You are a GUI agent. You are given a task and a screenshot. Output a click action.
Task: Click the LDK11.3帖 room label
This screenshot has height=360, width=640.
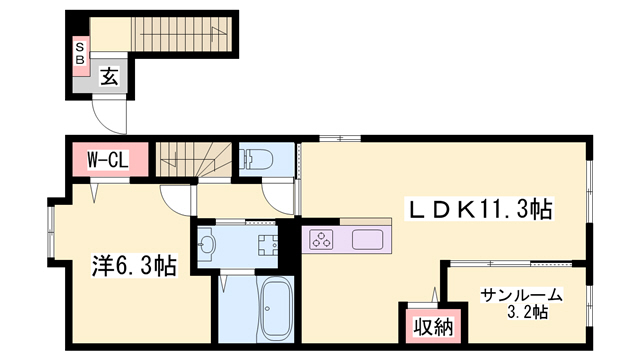tap(478, 209)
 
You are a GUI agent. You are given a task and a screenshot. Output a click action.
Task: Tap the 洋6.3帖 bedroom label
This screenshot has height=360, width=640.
tap(134, 267)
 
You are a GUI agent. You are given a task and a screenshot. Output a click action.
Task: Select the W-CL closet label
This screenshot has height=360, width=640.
tap(108, 160)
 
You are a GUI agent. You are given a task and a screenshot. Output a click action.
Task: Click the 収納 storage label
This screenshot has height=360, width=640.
tap(433, 327)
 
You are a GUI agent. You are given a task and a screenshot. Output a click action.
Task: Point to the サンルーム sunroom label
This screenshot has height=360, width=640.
tap(521, 295)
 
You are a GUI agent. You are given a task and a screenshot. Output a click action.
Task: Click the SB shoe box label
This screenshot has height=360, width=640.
tap(80, 54)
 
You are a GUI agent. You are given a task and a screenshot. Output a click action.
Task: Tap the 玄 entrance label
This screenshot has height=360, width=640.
tap(109, 76)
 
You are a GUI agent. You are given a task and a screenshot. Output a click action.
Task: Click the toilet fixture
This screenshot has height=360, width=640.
tap(258, 159)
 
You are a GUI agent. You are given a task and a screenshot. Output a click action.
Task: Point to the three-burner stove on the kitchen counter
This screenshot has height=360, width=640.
tap(321, 240)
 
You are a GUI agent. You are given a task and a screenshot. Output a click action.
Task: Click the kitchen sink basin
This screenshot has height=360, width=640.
tap(367, 240)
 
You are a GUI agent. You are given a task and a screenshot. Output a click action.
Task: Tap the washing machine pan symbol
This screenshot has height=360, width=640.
tap(268, 245)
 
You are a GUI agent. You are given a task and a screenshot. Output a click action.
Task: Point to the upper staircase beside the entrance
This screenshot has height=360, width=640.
tap(181, 34)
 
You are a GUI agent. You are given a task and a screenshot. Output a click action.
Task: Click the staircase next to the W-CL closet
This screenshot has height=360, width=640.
tap(194, 160)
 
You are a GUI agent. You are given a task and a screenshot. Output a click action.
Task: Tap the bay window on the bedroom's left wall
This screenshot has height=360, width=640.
tap(51, 232)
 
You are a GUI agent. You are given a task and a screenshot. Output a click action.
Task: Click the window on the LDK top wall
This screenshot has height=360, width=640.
tap(340, 138)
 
